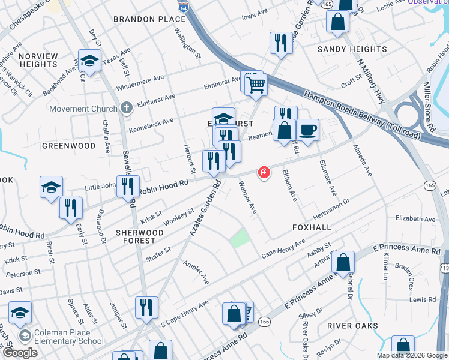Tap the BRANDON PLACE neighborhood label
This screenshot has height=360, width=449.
pyautogui.click(x=150, y=19)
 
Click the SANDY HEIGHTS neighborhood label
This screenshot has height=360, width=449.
pyautogui.click(x=352, y=49)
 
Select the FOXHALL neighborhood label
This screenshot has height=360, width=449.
pyautogui.click(x=312, y=227)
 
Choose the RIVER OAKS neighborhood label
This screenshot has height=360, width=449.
pyautogui.click(x=352, y=326)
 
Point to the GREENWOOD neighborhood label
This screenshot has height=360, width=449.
pyautogui.click(x=69, y=146)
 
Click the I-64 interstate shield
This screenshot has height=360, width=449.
pyautogui.click(x=182, y=7)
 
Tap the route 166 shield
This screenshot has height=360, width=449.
pyautogui.click(x=264, y=322)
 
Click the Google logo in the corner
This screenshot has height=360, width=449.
pyautogui.click(x=20, y=353)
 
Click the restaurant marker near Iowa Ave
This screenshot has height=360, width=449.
pyautogui.click(x=281, y=43)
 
